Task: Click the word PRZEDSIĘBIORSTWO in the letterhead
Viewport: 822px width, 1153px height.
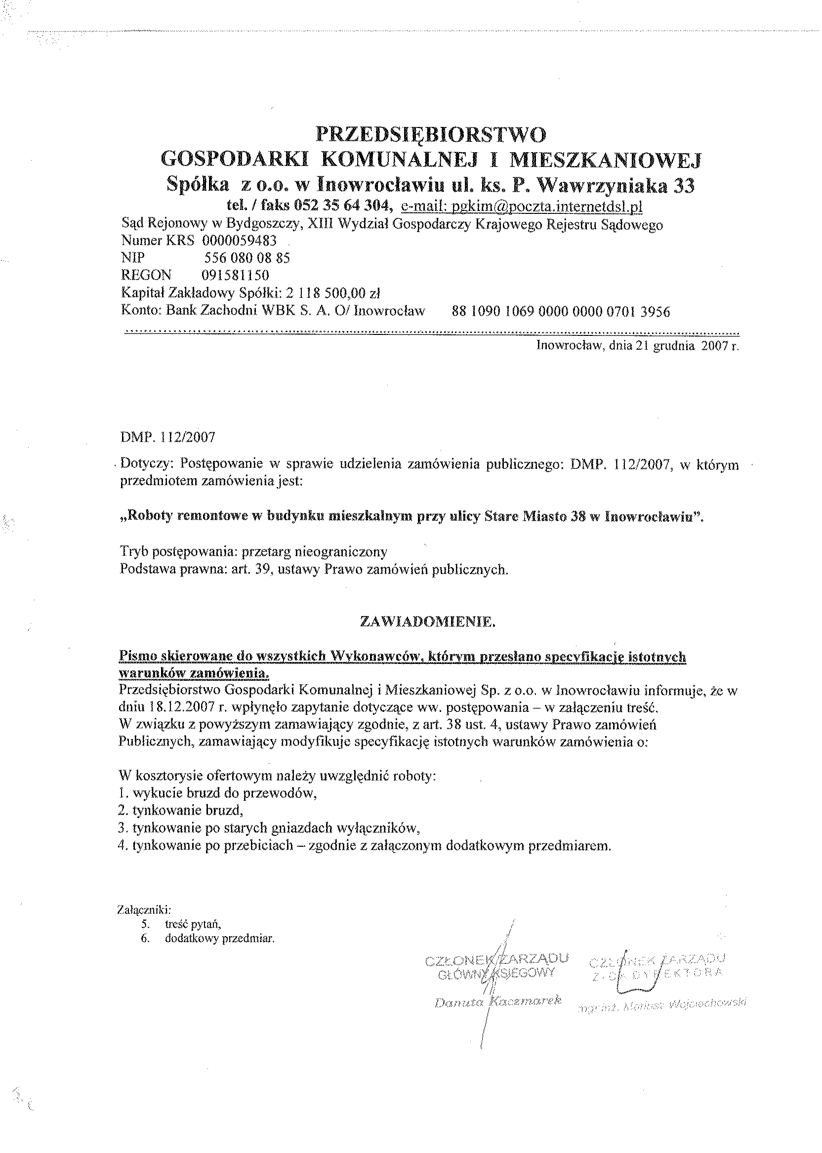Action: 431,135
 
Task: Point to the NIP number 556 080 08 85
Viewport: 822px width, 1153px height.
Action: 247,258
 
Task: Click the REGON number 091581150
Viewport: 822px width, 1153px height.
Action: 235,275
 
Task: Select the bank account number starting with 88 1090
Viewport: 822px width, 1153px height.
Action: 561,311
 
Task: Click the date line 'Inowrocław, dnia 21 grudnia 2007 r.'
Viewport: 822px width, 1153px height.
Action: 637,347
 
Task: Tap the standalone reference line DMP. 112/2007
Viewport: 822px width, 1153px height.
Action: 167,437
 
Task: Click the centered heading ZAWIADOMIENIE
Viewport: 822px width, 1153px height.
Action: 427,622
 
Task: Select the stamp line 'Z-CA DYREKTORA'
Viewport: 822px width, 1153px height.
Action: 657,973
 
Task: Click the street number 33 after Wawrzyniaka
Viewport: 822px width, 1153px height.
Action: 684,187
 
